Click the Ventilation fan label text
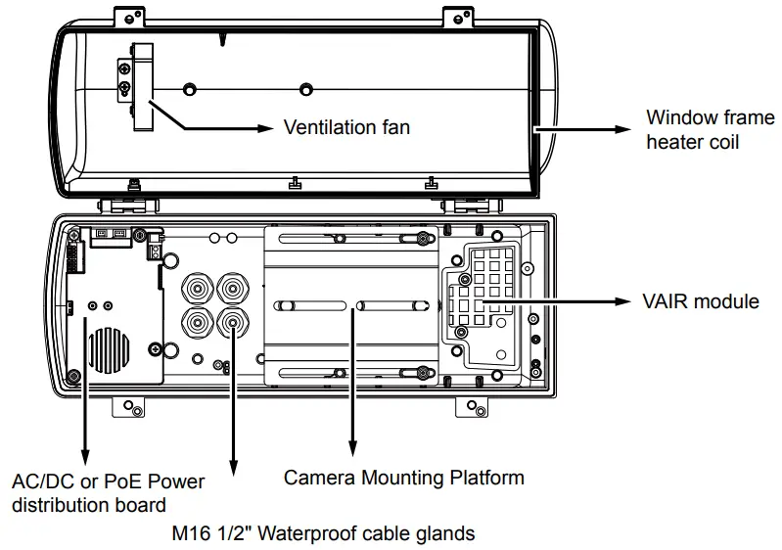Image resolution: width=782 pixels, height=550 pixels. [345, 127]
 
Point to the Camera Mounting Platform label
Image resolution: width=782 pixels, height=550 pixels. [403, 478]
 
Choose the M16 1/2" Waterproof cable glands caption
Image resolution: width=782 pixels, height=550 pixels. [323, 533]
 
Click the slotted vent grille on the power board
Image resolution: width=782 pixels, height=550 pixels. [108, 348]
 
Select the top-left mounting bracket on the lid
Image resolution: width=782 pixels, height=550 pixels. [127, 16]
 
